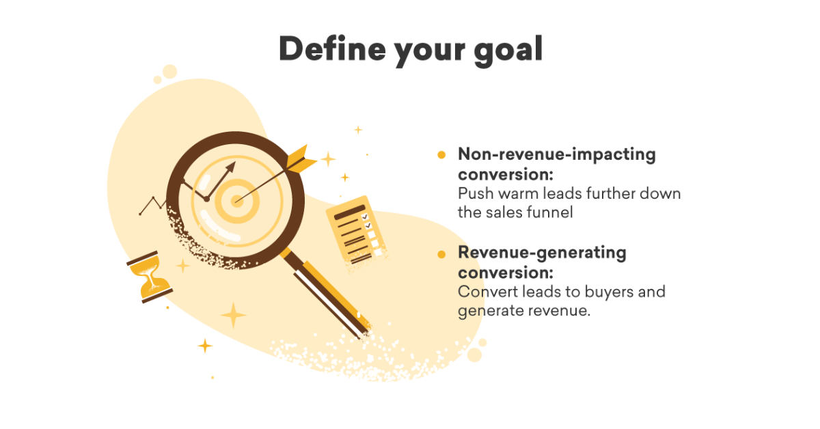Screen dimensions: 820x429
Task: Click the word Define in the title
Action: pos(332,49)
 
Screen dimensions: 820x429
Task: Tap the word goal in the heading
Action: pos(508,51)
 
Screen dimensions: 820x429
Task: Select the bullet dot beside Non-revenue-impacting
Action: pos(441,155)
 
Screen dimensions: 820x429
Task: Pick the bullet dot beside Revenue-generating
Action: pos(441,254)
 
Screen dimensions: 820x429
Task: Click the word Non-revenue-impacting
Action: pos(557,154)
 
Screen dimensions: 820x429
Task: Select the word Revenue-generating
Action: pos(542,253)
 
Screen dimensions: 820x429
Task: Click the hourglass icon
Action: pos(150,277)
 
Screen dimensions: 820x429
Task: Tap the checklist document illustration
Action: pos(357,232)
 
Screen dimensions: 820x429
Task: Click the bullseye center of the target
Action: pos(237,201)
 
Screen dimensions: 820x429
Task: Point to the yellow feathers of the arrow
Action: pos(300,159)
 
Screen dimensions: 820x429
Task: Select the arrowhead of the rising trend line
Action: pos(231,167)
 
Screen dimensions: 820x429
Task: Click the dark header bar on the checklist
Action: pos(350,212)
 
